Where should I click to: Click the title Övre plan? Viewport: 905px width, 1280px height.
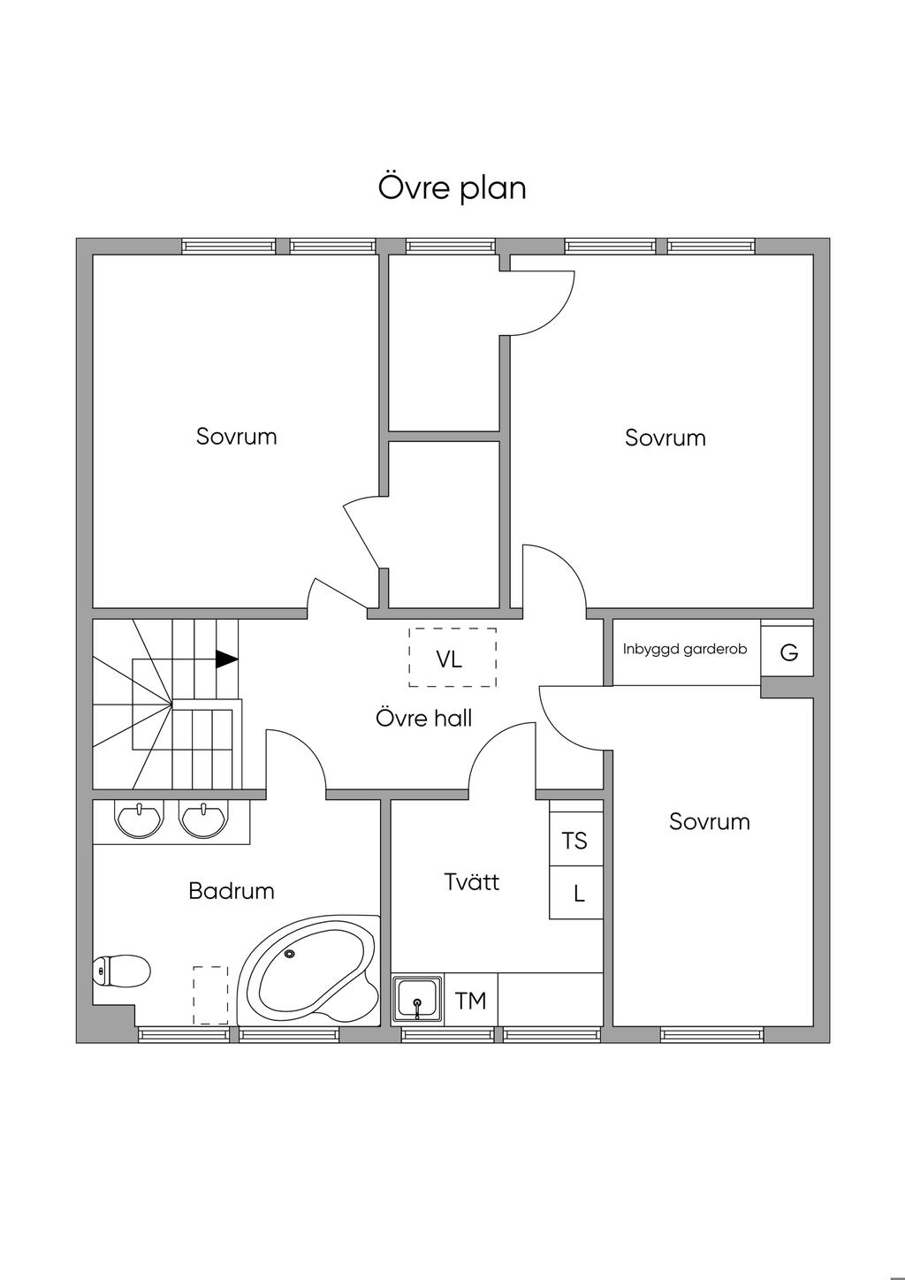point(452,188)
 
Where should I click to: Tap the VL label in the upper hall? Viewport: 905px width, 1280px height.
point(448,659)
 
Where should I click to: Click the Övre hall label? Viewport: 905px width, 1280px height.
point(424,718)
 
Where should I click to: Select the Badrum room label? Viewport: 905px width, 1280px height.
point(232,891)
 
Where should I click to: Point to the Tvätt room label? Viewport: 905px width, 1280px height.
point(471,881)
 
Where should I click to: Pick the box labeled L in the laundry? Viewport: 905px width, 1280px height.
point(576,892)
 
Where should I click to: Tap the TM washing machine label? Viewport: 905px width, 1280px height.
point(471,1001)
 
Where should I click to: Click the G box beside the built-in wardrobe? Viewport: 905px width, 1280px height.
point(787,651)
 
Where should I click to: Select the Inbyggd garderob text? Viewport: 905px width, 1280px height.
point(685,650)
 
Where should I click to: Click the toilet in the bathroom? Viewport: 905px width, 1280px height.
point(121,971)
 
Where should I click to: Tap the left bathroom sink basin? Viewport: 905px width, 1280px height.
point(140,818)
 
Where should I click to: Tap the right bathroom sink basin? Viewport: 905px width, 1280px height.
point(203,818)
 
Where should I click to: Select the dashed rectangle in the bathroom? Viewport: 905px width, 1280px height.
point(210,995)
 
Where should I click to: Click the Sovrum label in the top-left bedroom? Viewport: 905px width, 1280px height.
point(237,436)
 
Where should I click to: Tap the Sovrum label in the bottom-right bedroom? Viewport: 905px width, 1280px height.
point(710,821)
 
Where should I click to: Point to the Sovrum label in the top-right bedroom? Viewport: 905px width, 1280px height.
point(665,438)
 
